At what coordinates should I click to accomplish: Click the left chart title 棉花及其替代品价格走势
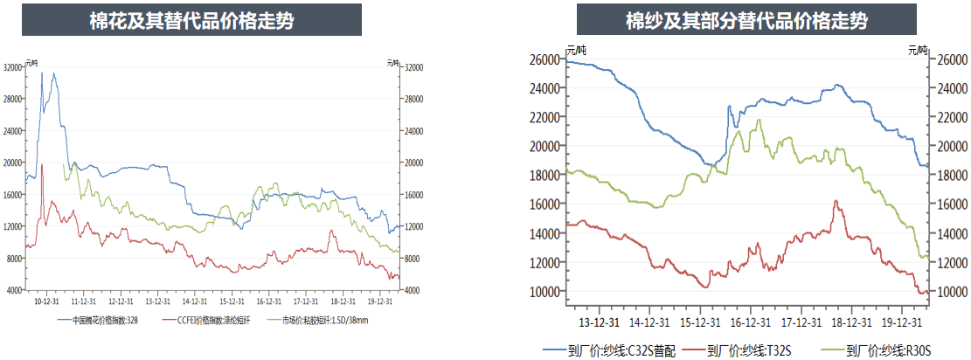pos(191,21)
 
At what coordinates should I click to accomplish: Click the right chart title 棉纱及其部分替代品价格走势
pos(746,21)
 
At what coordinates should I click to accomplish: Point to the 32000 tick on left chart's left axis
pos(13,67)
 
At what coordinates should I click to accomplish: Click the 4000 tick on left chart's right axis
pos(413,290)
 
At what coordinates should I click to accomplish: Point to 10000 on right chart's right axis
pos(951,292)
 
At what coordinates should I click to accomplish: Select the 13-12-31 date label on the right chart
pos(593,308)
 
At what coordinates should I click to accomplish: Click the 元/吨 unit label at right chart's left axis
pos(576,51)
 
